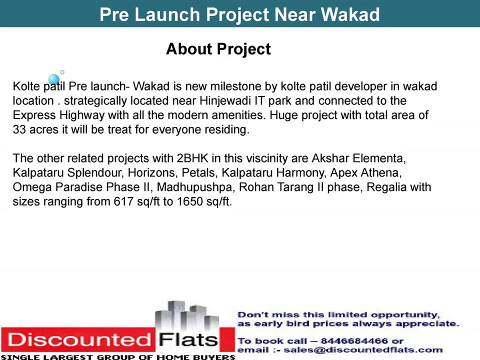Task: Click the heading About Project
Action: click(x=218, y=49)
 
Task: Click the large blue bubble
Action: click(x=54, y=79)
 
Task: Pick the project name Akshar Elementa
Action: click(x=358, y=159)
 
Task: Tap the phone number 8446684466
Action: click(x=356, y=341)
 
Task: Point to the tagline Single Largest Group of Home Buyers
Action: click(x=118, y=357)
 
